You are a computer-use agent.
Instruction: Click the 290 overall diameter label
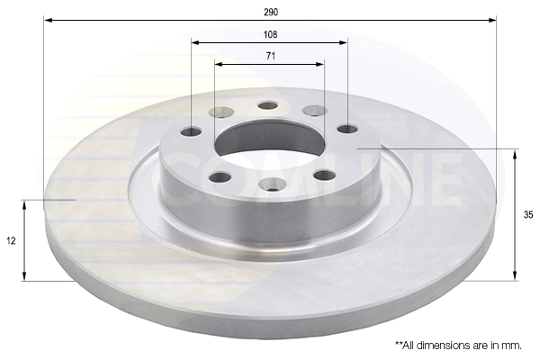pos(271,13)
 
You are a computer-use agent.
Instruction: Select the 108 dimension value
pos(270,34)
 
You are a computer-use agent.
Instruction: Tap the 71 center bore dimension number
pos(271,56)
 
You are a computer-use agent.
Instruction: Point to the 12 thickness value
pos(12,241)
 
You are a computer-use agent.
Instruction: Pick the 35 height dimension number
pos(528,215)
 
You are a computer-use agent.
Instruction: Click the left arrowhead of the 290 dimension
pos(49,21)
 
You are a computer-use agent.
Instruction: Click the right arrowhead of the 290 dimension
pos(492,21)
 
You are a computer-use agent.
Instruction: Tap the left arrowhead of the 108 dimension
pos(195,42)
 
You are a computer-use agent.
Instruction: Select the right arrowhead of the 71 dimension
pos(320,65)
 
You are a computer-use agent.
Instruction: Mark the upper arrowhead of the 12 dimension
pos(24,205)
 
